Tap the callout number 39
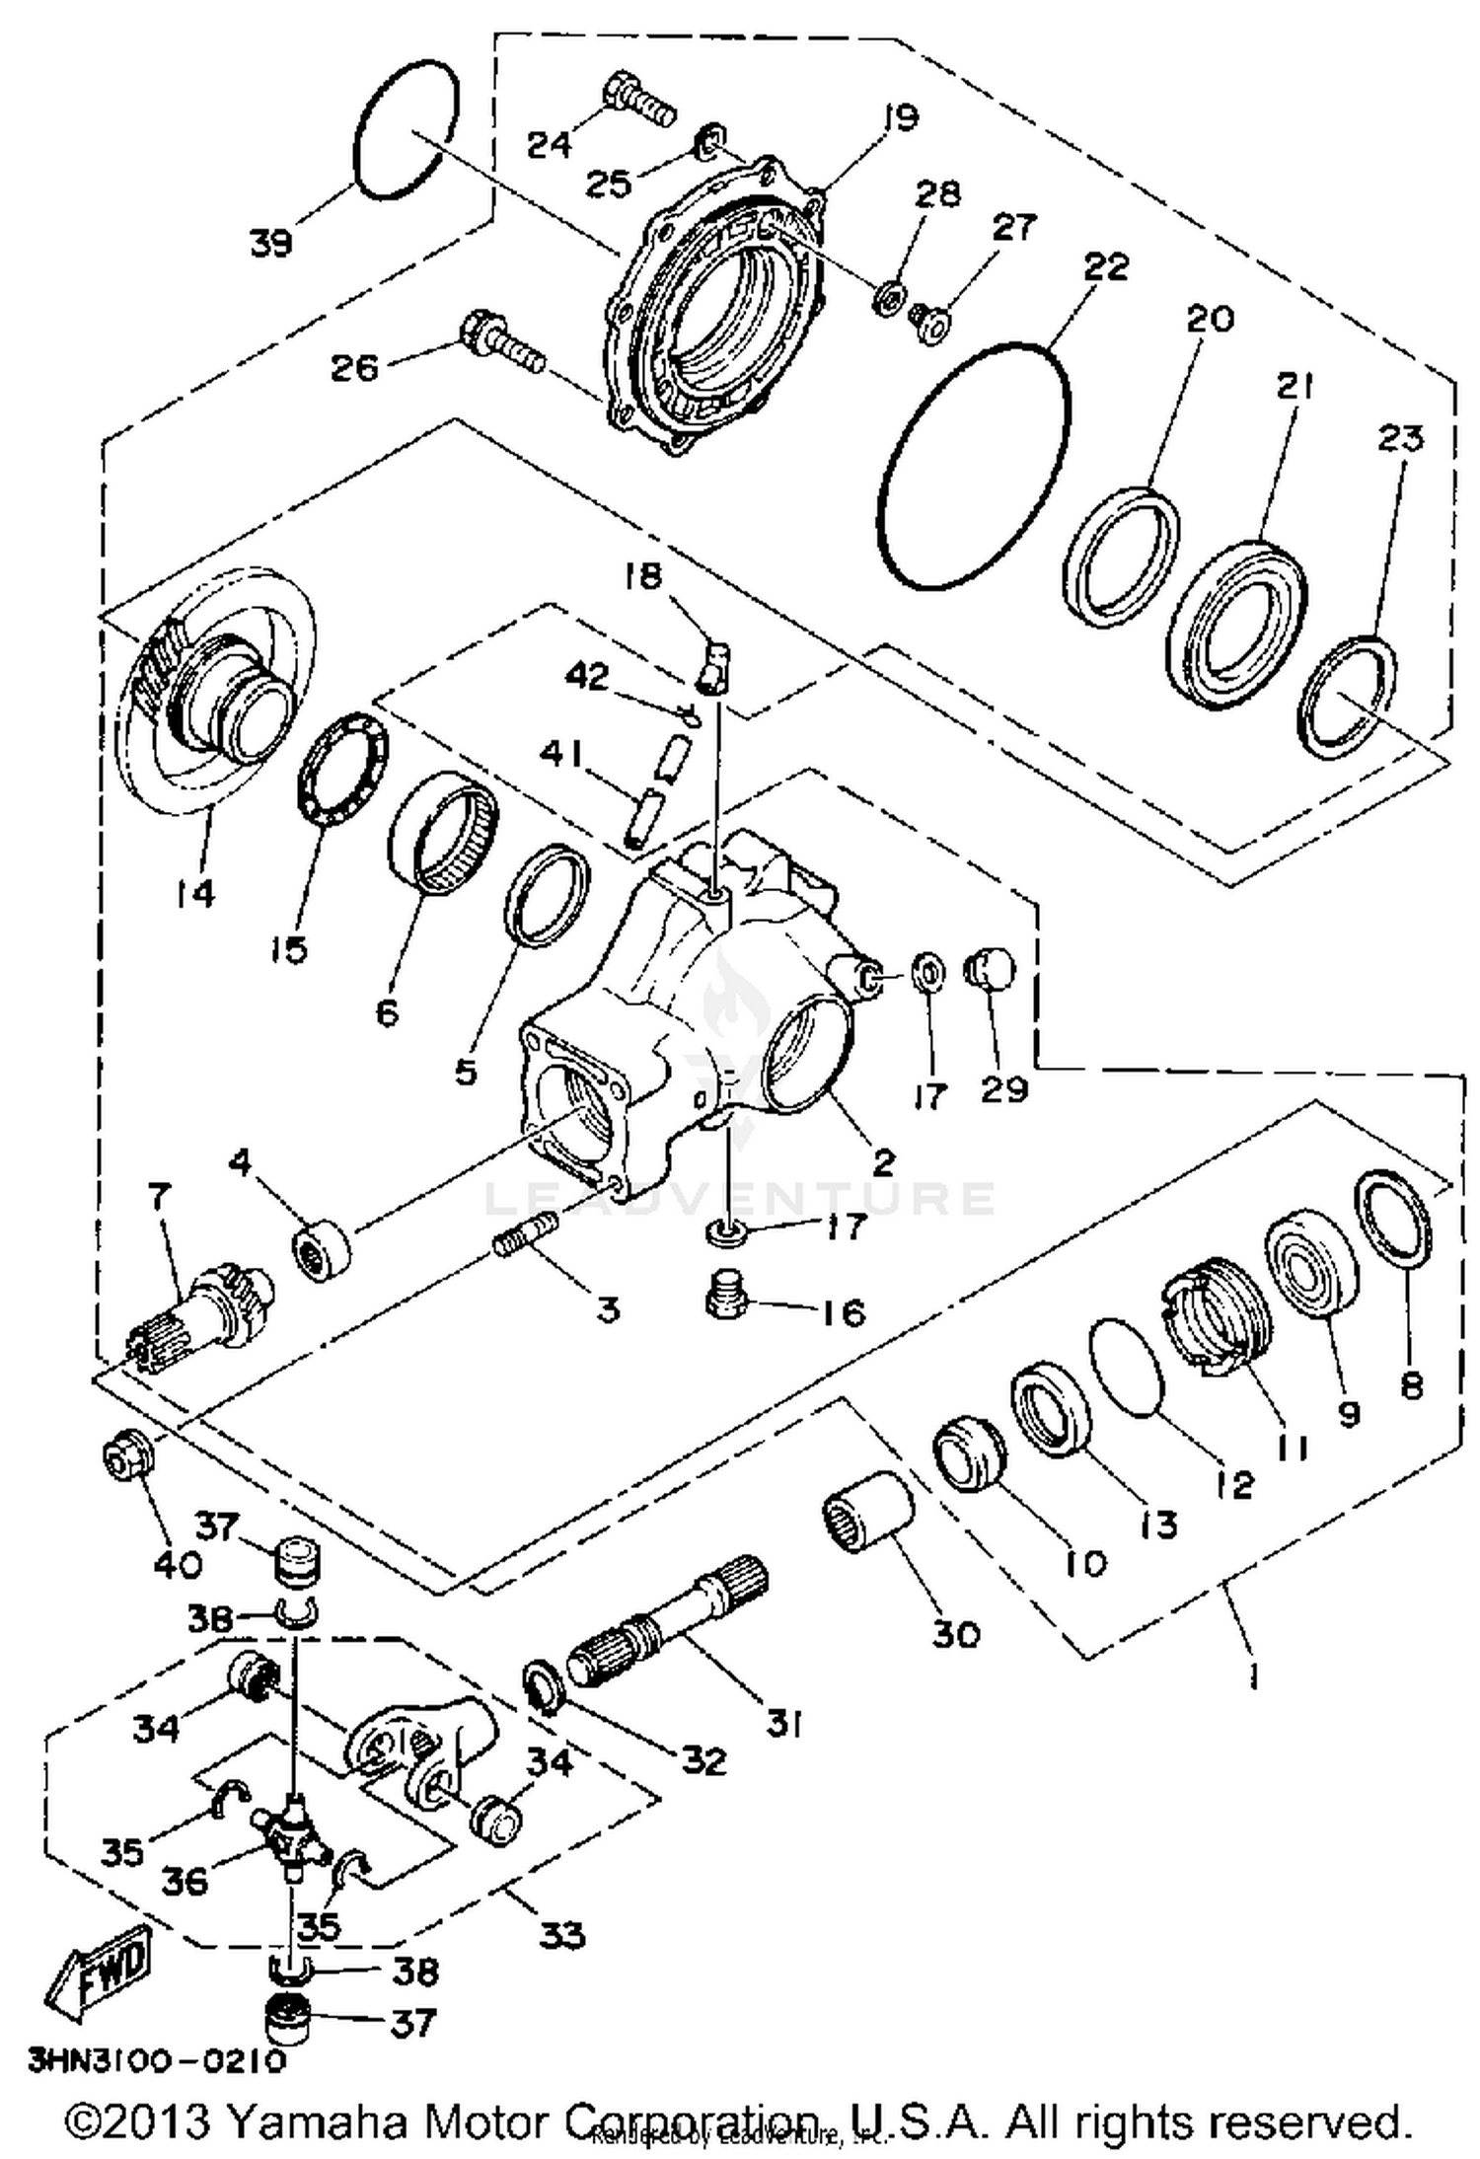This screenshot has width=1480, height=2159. [271, 243]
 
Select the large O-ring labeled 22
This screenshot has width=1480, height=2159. [972, 468]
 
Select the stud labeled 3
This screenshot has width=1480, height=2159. [524, 1235]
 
